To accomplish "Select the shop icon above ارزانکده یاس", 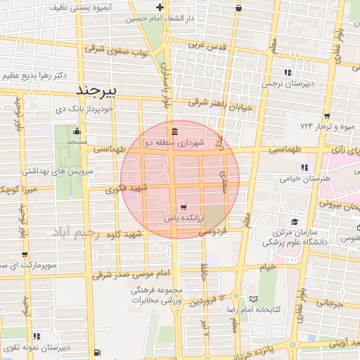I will [183, 207].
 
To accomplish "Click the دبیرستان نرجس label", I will [286, 83].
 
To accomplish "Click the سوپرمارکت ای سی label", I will [26, 265].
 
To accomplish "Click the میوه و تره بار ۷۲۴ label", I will [325, 127].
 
